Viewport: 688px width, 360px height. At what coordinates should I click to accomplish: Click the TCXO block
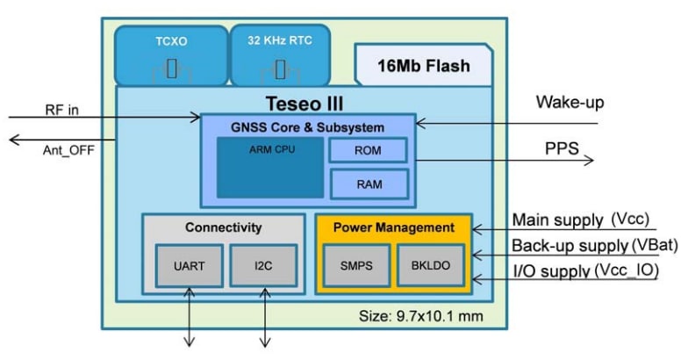(x=170, y=54)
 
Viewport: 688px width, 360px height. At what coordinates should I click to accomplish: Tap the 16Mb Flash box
(x=423, y=66)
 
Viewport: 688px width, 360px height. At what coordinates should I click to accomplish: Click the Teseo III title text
(x=304, y=103)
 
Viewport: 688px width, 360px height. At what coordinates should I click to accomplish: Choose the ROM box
(x=369, y=151)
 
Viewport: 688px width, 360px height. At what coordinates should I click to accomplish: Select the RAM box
(x=369, y=184)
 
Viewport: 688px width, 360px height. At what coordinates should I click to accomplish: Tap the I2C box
(x=263, y=265)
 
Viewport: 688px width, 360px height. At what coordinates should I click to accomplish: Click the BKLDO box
(x=429, y=265)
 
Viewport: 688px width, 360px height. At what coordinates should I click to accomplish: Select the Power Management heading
(x=394, y=227)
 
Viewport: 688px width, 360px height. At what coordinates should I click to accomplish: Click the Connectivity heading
(x=223, y=227)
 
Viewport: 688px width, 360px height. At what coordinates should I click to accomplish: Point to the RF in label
(x=61, y=109)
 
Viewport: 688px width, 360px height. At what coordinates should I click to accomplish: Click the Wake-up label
(x=570, y=103)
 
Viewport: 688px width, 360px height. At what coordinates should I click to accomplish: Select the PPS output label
(x=562, y=148)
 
